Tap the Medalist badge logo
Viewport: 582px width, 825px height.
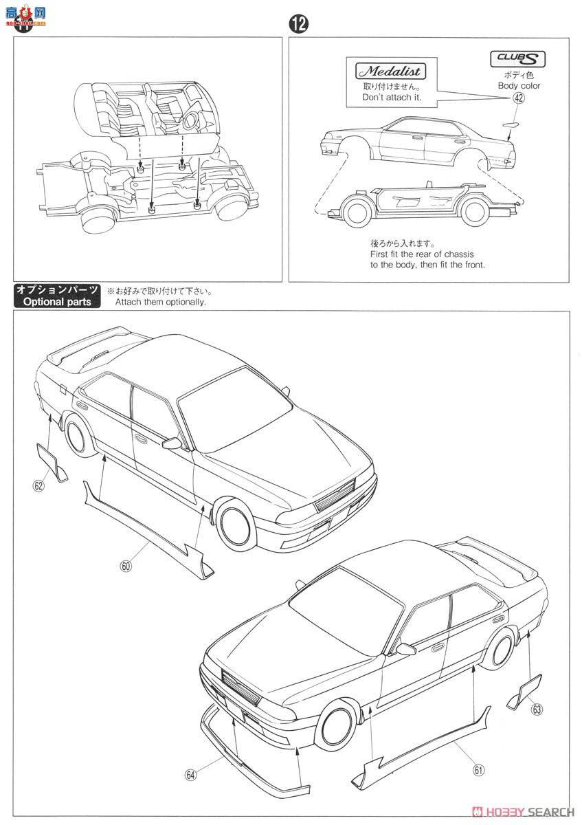(390, 71)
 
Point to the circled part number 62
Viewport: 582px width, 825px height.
(38, 485)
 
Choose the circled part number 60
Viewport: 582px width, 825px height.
(125, 566)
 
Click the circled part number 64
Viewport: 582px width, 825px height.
(190, 774)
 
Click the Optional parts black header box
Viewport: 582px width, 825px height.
(57, 296)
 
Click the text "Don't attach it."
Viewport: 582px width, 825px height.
(392, 98)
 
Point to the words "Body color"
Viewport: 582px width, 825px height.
(519, 86)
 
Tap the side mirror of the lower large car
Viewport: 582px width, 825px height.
(405, 648)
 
